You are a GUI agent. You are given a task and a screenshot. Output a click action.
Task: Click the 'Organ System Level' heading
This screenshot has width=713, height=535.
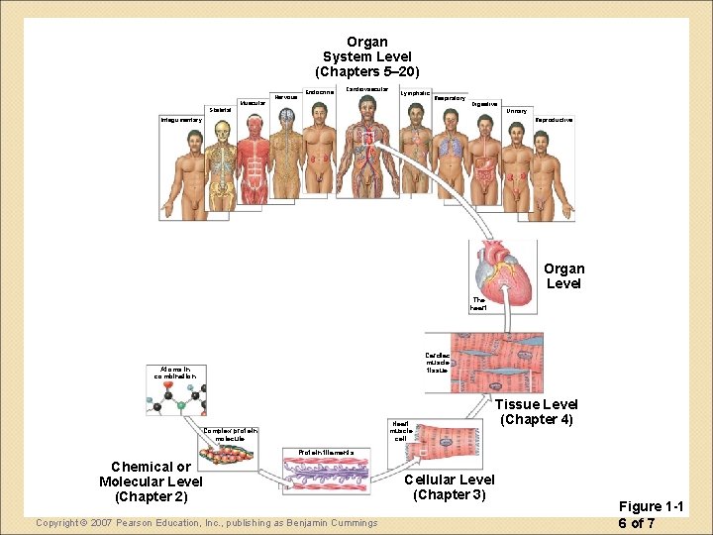(366, 56)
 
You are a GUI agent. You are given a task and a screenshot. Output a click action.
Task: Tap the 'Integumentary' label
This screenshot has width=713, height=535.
(181, 121)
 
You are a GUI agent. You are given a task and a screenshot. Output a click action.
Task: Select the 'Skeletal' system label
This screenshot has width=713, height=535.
(220, 110)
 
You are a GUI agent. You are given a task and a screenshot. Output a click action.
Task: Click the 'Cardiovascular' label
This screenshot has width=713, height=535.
(366, 89)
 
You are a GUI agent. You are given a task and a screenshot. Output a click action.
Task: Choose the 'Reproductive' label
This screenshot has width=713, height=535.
(554, 120)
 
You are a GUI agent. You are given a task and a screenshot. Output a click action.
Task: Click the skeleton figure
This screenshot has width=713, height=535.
(223, 169)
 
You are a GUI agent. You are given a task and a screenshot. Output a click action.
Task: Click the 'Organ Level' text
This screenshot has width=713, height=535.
(564, 275)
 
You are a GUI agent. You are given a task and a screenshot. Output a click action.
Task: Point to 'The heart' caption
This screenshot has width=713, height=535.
(478, 304)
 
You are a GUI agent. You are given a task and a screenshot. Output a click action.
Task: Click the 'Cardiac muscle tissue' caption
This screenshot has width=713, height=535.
(437, 363)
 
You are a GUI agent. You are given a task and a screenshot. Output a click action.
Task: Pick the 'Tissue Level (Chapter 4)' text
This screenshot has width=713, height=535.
(536, 411)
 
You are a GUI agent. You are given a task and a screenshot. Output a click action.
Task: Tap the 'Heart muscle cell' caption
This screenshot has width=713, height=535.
(400, 431)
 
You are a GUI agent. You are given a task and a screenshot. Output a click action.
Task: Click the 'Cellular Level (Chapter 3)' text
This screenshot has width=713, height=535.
(450, 486)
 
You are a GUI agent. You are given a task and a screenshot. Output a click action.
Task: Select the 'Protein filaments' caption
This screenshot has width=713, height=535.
(320, 452)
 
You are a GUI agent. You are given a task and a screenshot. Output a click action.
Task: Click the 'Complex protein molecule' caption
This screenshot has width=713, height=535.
(231, 434)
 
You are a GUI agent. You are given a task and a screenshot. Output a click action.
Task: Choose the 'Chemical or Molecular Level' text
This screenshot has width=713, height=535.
(151, 481)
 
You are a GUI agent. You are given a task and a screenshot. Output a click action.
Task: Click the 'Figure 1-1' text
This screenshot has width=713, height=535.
(651, 507)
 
